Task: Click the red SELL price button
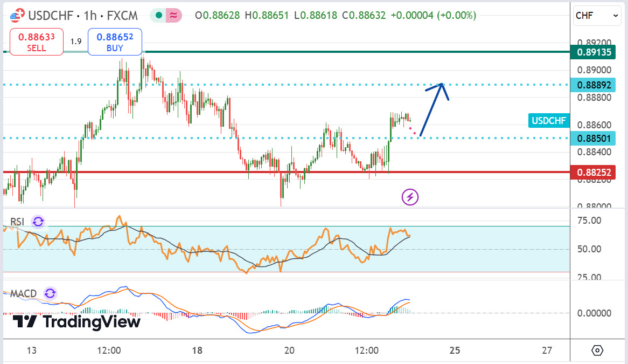click(x=36, y=42)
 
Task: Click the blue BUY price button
click(x=115, y=42)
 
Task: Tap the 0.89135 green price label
click(x=594, y=52)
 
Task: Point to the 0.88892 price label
click(x=594, y=85)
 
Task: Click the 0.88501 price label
click(x=594, y=139)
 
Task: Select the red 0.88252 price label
click(x=594, y=173)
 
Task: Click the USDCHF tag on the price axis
click(x=549, y=120)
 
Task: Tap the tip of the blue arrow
click(x=442, y=84)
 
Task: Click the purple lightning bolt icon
click(x=410, y=197)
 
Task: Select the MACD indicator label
click(x=23, y=294)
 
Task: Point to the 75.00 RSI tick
click(x=590, y=220)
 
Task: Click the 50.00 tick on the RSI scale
click(x=590, y=249)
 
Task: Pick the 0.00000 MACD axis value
click(x=594, y=313)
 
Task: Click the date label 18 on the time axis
click(x=197, y=351)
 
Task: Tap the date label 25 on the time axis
click(x=455, y=351)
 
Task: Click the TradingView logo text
click(x=76, y=322)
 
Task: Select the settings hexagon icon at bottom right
click(x=598, y=351)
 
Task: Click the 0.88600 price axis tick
click(x=594, y=125)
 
